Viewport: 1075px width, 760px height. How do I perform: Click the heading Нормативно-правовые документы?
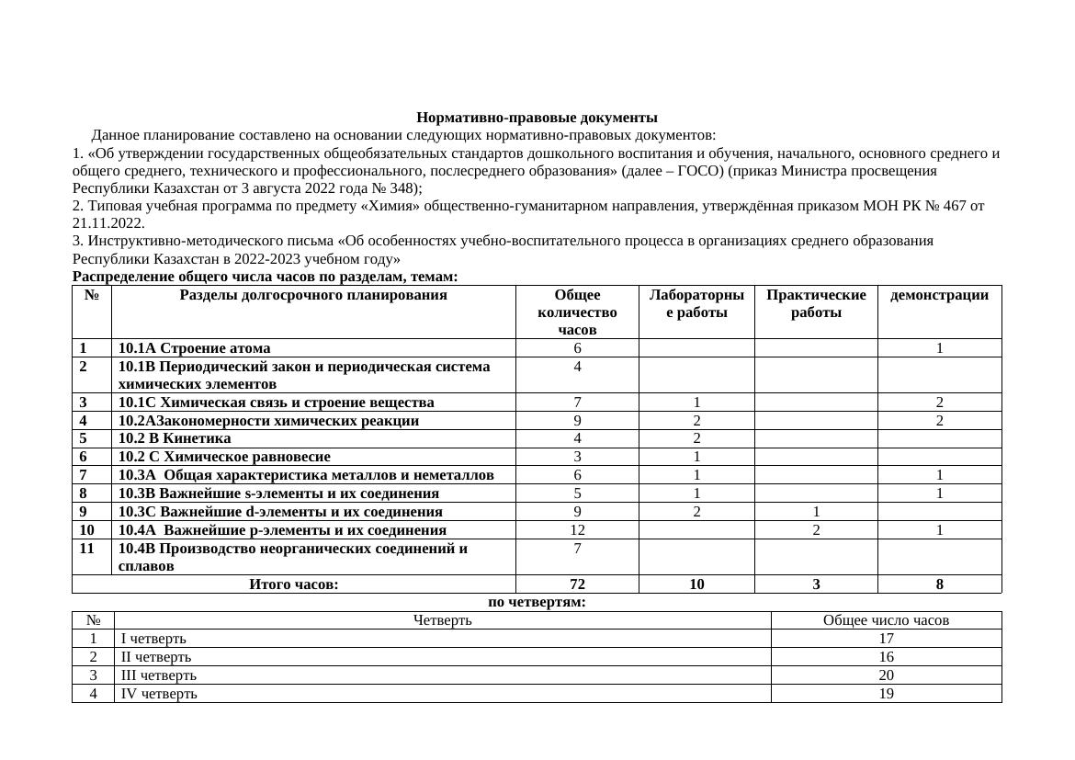tap(537, 118)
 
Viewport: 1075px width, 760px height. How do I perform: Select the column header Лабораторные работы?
tap(696, 303)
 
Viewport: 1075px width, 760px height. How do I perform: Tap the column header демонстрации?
tap(939, 295)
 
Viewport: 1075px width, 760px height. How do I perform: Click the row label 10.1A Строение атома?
tap(195, 348)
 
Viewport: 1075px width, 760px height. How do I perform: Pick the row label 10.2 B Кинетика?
tap(175, 438)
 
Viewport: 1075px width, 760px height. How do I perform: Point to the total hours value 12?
tap(577, 529)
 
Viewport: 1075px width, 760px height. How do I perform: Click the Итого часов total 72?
tap(577, 584)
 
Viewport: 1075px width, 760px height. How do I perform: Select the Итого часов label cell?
tap(294, 584)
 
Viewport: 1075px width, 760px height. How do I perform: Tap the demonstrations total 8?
tap(939, 584)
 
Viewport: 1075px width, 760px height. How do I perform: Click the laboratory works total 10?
tap(696, 584)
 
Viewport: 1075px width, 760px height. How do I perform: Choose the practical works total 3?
tap(816, 584)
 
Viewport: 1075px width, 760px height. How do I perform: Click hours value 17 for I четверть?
tap(886, 639)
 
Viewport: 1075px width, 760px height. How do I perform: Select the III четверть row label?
tap(158, 675)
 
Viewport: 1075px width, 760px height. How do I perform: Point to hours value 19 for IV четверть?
tap(886, 694)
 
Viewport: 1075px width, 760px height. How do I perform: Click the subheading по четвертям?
tap(537, 602)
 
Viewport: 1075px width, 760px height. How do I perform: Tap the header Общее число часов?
tap(886, 620)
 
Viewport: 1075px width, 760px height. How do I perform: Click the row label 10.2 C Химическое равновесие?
tap(224, 457)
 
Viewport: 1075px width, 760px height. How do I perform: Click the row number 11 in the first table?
tap(87, 549)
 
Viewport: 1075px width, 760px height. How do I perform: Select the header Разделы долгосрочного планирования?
tap(313, 295)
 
